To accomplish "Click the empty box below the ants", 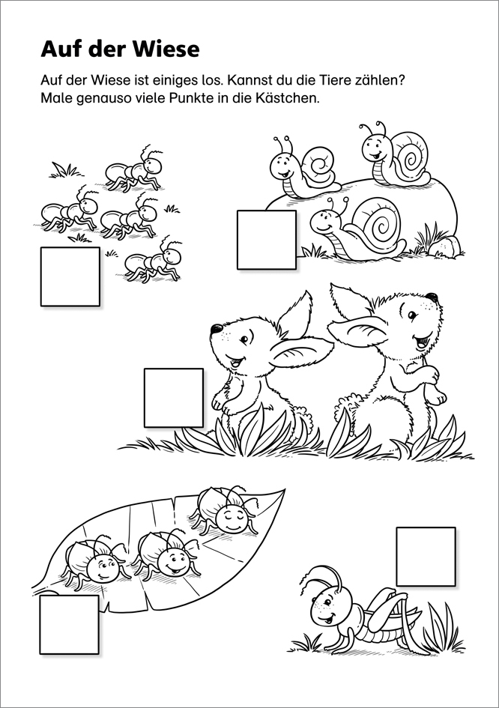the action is click(70, 276).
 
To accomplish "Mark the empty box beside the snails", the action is click(267, 240).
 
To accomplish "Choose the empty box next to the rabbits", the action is click(173, 398).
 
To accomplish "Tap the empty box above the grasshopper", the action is click(426, 556).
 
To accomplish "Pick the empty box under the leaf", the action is click(69, 625).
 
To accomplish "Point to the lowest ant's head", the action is click(173, 255).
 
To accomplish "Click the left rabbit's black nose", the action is click(215, 328).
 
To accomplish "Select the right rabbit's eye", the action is click(412, 315).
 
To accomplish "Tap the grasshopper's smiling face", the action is click(327, 608).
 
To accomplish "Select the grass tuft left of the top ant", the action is click(63, 170).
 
